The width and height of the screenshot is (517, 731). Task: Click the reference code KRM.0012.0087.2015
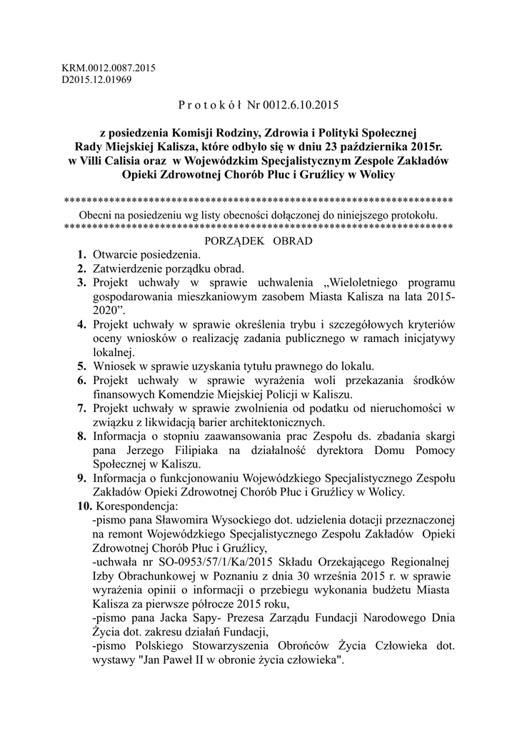pos(109,68)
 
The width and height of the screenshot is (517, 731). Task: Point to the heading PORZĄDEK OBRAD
pos(258,241)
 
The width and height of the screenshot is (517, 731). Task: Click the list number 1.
pos(82,255)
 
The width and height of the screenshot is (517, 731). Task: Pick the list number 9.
pos(82,478)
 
